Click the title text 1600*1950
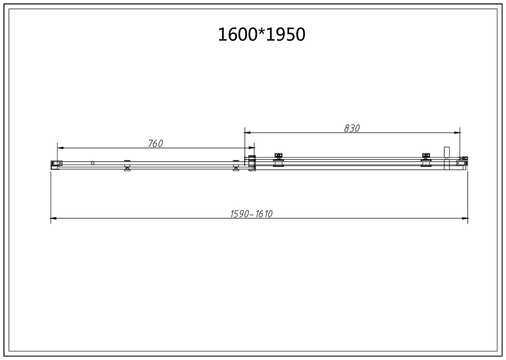click(261, 34)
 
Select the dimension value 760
click(155, 143)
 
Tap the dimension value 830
click(352, 128)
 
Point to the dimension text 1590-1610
click(252, 214)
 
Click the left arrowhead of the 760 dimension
click(59, 148)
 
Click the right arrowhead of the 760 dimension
click(252, 148)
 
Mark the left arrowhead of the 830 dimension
click(247, 133)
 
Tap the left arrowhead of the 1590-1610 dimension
click(53, 218)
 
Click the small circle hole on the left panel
click(93, 163)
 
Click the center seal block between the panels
click(252, 163)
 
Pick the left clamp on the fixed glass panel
click(127, 165)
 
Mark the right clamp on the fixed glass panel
click(236, 165)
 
